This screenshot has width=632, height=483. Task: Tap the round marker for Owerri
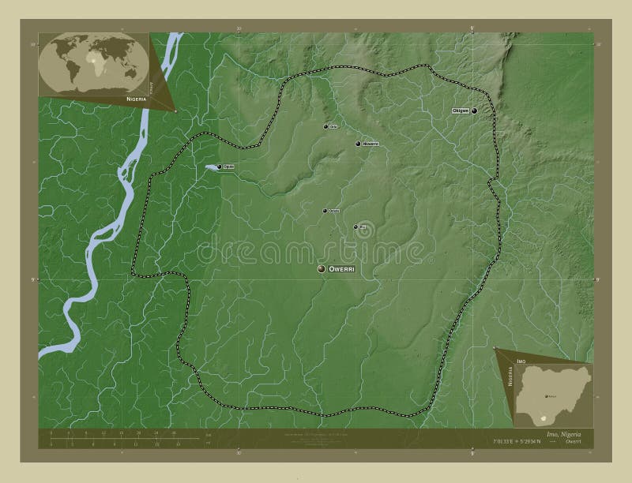pyautogui.click(x=322, y=270)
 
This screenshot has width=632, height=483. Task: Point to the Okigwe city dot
pyautogui.click(x=474, y=112)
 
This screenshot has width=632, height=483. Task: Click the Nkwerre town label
pyautogui.click(x=371, y=144)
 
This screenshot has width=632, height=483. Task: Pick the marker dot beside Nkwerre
pyautogui.click(x=357, y=144)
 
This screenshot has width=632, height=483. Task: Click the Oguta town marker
pyautogui.click(x=219, y=167)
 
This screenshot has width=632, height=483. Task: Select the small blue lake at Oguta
pyautogui.click(x=210, y=167)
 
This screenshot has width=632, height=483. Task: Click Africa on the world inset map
pyautogui.click(x=96, y=60)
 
